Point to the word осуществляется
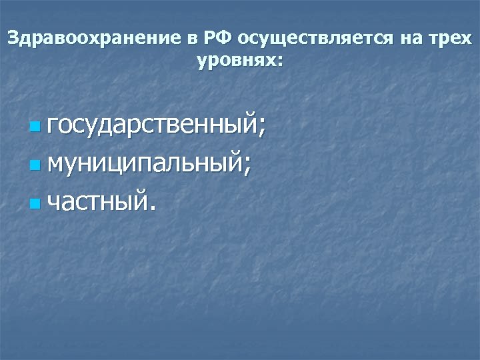[316, 39]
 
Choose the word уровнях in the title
[236, 61]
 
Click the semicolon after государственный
[261, 126]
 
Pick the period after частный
[154, 205]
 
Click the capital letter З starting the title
[13, 38]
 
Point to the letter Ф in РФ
[221, 38]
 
